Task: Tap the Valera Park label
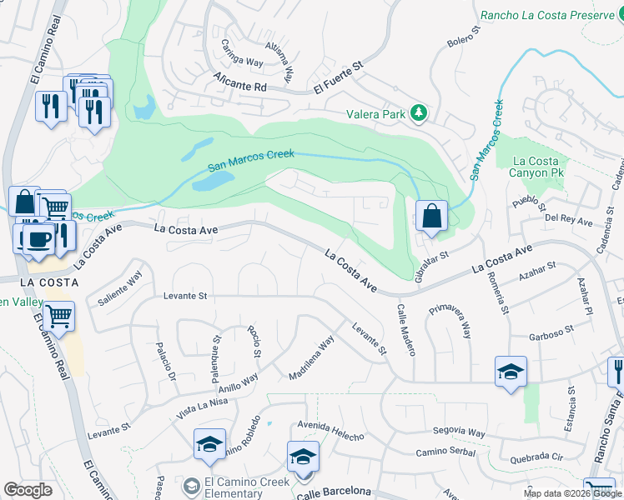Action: click(x=376, y=114)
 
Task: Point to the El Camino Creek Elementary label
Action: click(x=247, y=487)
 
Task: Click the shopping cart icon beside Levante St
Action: click(x=58, y=317)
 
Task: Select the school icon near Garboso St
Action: click(x=511, y=372)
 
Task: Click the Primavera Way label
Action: click(x=450, y=321)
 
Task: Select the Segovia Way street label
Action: click(x=459, y=432)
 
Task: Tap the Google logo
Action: click(x=28, y=490)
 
